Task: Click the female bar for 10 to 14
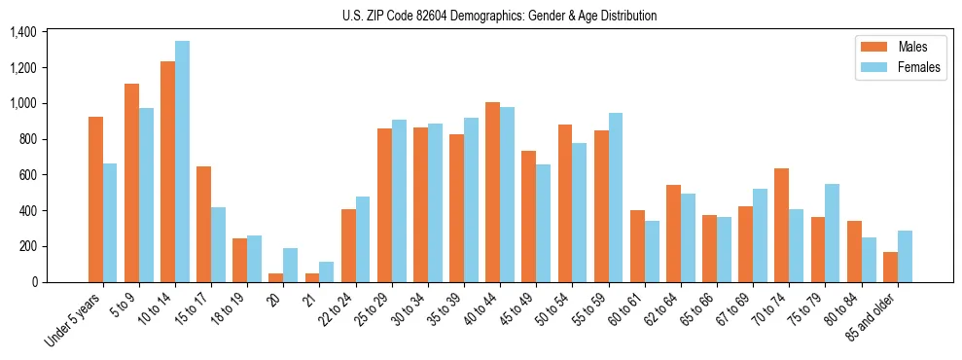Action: [x=182, y=162]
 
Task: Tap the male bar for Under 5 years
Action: [x=95, y=199]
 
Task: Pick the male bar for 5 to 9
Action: [x=131, y=183]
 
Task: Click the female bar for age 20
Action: [x=291, y=265]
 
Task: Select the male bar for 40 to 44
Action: [x=492, y=192]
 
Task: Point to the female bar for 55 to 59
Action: [x=615, y=198]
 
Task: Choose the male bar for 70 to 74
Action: [x=781, y=225]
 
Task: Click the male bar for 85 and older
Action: [x=889, y=267]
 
